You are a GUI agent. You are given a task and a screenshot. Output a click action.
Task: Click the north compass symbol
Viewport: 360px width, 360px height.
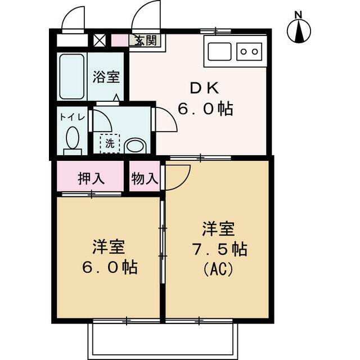tap(299, 31)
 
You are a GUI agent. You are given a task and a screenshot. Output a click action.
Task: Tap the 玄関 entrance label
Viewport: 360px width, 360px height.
tap(145, 40)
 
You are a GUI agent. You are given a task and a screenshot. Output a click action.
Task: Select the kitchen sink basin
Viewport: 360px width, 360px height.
tap(219, 51)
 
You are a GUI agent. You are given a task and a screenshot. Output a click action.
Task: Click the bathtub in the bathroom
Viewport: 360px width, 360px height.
tap(71, 77)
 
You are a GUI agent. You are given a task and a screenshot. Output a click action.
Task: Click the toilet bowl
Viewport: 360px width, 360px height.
tap(73, 138)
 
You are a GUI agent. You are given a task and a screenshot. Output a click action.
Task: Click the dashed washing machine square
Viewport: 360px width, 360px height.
tap(110, 143)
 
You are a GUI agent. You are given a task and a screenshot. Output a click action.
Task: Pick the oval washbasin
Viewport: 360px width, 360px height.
tap(136, 146)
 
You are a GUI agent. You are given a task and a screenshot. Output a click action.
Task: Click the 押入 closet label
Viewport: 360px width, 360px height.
tap(91, 179)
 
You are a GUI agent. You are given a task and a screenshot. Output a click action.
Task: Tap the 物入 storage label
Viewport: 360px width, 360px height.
tap(145, 179)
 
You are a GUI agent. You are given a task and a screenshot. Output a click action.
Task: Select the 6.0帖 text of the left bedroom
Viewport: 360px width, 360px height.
tap(109, 267)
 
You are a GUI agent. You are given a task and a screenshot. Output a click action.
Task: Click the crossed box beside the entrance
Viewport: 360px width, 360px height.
tap(99, 40)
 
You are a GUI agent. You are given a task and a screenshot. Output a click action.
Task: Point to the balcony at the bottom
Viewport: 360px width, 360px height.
tap(163, 340)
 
